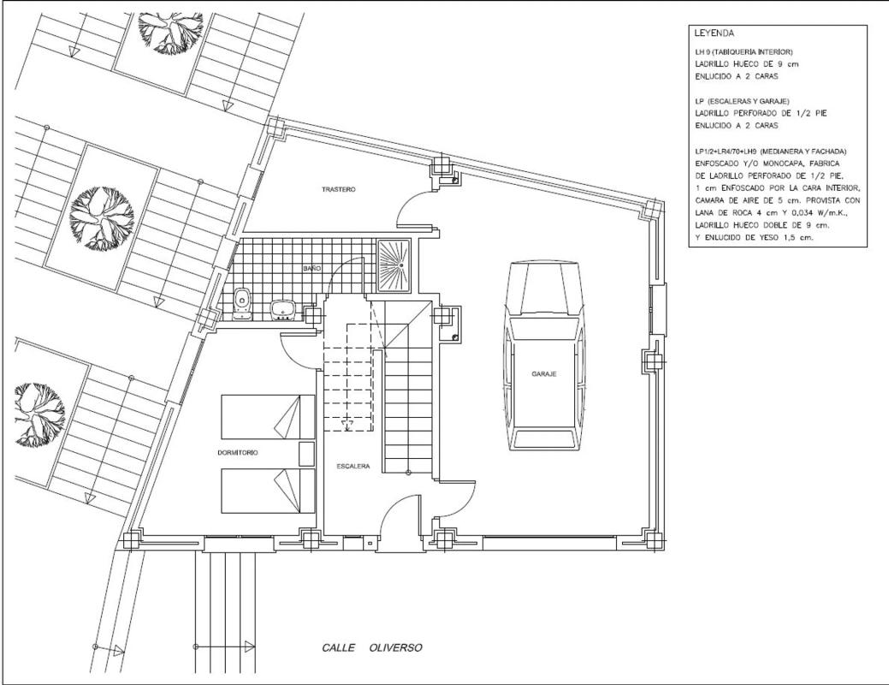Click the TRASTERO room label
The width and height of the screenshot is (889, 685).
click(x=339, y=189)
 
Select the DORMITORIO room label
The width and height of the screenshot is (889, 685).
click(x=238, y=452)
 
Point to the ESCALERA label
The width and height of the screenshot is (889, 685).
click(x=353, y=466)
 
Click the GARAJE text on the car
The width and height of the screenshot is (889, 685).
click(x=543, y=374)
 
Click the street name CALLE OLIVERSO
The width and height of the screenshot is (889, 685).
click(x=372, y=647)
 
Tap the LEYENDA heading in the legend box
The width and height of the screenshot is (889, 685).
click(x=714, y=33)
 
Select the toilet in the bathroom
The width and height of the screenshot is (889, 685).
click(x=242, y=303)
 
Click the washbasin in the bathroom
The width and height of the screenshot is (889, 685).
click(x=282, y=311)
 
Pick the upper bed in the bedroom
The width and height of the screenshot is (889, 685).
click(x=268, y=417)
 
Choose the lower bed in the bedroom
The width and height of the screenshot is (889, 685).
click(x=268, y=491)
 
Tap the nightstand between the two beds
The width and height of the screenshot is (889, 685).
click(x=306, y=453)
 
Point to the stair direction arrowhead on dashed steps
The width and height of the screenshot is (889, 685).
click(x=346, y=423)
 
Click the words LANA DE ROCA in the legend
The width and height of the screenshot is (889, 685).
click(x=718, y=213)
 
